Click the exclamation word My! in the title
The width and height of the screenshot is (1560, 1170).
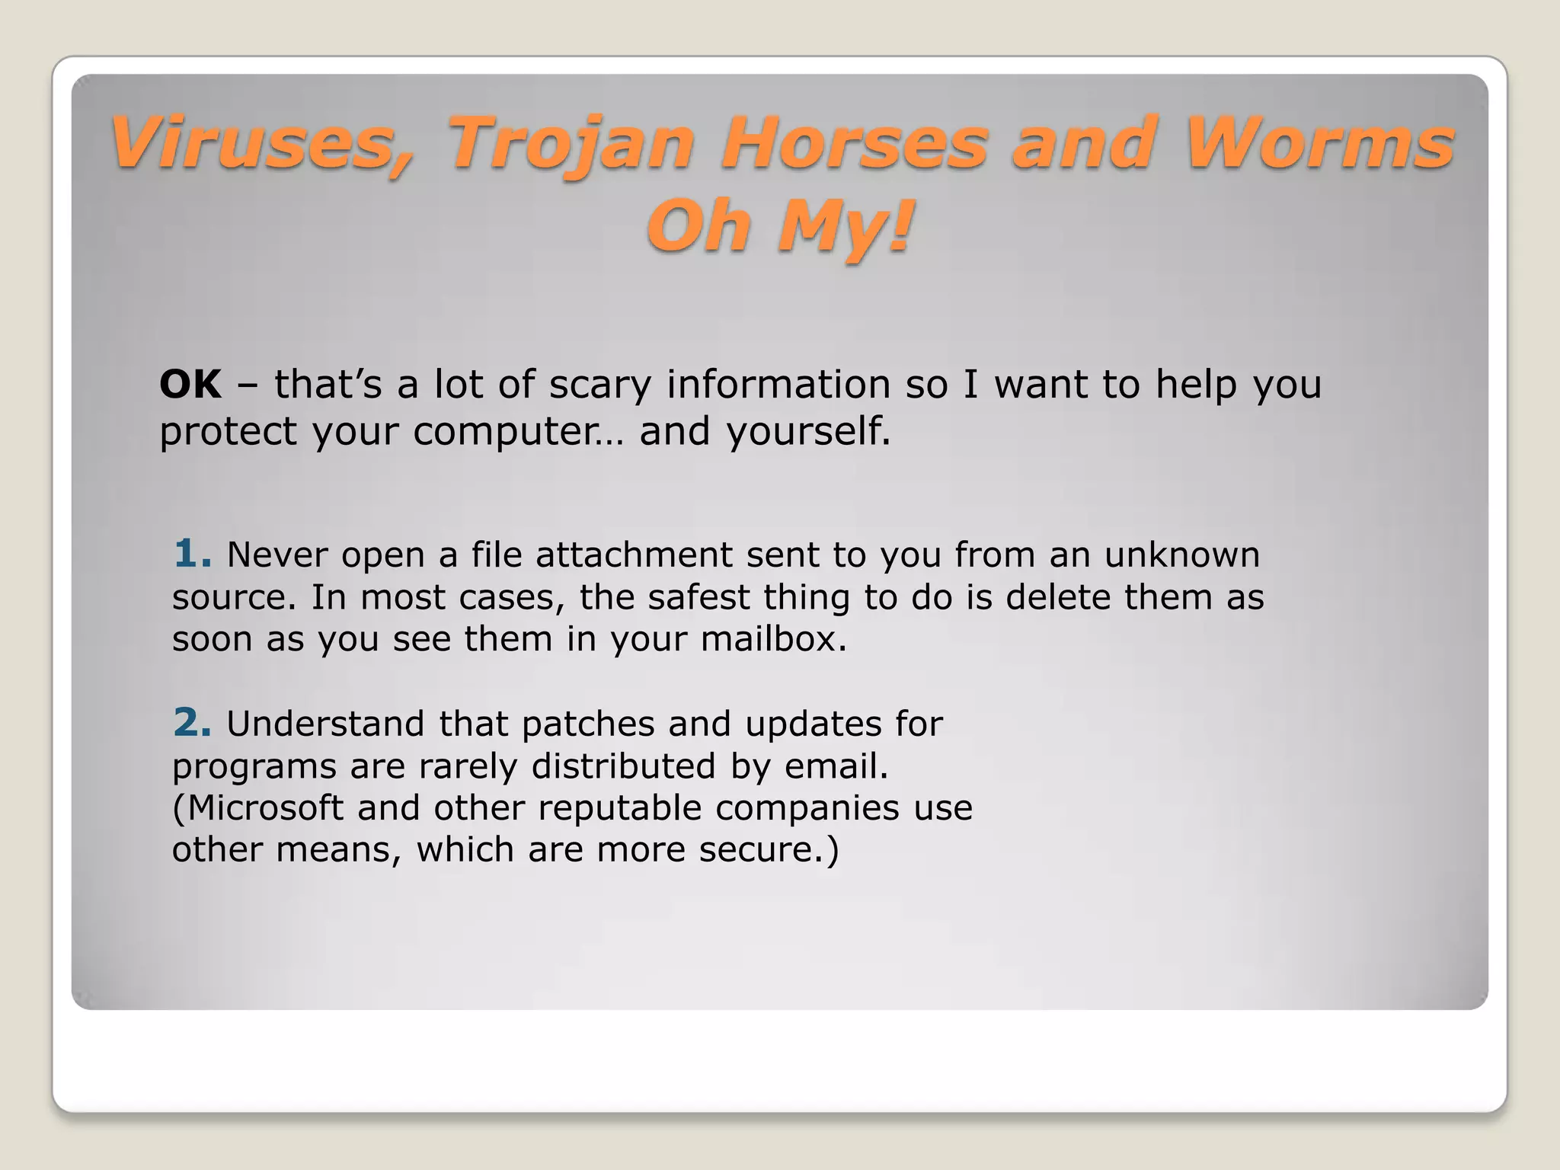[x=846, y=227]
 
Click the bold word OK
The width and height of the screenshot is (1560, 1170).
[x=190, y=384]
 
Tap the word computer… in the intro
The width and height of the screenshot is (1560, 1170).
[x=518, y=433]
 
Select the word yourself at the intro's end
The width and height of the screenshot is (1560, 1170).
[x=807, y=431]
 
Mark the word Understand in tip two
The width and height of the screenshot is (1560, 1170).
[x=325, y=724]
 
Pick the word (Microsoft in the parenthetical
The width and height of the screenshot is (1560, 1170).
[x=258, y=808]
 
